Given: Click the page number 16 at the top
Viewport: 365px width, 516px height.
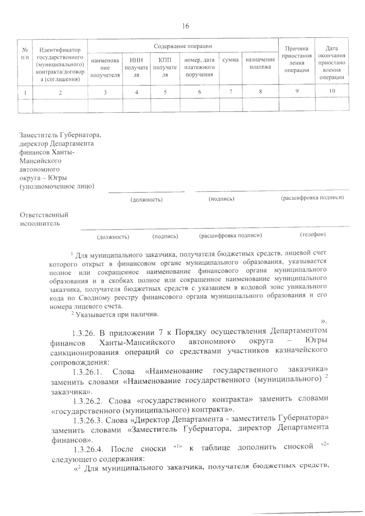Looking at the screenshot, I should [x=185, y=26].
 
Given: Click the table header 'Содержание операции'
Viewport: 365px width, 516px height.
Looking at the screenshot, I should [x=182, y=46].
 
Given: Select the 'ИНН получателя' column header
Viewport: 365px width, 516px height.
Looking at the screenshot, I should [x=136, y=68].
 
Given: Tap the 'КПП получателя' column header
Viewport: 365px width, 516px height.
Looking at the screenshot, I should [x=165, y=68].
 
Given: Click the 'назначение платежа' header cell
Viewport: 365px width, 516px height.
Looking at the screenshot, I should [x=260, y=63].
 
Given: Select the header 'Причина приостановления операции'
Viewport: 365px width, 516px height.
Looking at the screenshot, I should [x=297, y=59].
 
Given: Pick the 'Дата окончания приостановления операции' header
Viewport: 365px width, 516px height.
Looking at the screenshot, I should [x=332, y=63].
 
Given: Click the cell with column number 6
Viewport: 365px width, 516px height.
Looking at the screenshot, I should [x=200, y=92].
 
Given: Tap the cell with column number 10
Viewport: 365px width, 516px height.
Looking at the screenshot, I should [x=332, y=91].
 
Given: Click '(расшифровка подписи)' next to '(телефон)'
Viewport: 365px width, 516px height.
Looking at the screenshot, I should [x=230, y=235].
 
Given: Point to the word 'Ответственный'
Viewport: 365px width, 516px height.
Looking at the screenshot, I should [x=44, y=215].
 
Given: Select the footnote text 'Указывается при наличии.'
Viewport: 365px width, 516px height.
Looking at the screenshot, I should [x=117, y=314].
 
